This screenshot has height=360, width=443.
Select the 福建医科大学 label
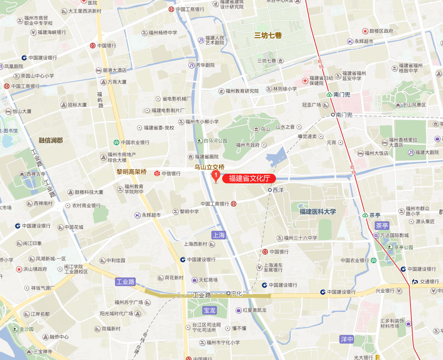coord(318,212)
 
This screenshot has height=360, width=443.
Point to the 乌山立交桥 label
coord(210,167)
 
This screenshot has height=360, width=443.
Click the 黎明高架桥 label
coord(131,172)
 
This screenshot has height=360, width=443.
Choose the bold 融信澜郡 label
coord(51,140)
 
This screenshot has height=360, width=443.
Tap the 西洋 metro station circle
coord(270,190)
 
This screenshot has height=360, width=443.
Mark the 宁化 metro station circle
coord(229,293)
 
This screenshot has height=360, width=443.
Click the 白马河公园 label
coord(215,141)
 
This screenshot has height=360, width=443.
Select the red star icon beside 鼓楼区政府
coord(365,31)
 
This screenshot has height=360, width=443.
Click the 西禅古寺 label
coord(36,174)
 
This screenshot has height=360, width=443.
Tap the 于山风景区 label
coord(414,105)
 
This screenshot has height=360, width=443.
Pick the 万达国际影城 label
coord(394,236)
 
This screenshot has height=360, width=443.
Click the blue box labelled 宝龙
coord(209,310)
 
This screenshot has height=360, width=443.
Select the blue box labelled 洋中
coord(347,339)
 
